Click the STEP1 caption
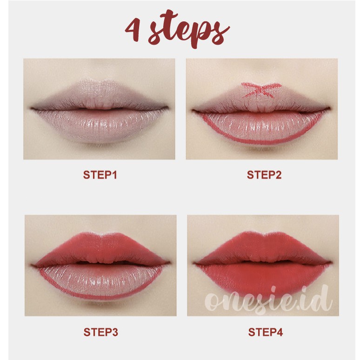(x=100, y=175)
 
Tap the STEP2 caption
(x=264, y=175)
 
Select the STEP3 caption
(x=100, y=332)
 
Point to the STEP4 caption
(x=266, y=332)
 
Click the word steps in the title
(x=189, y=29)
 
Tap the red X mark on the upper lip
(x=261, y=90)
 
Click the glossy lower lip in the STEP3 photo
(x=100, y=281)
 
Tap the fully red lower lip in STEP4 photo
(x=264, y=279)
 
